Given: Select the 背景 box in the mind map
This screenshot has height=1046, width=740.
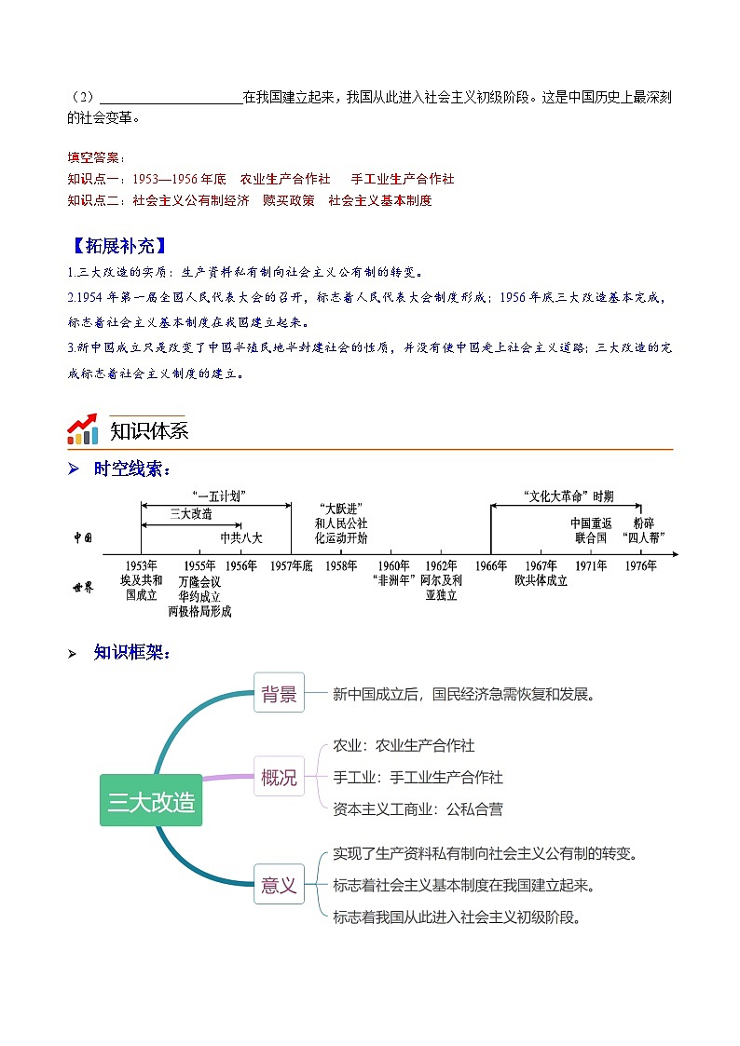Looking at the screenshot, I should (279, 693).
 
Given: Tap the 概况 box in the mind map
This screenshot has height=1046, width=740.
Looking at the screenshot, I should (279, 777).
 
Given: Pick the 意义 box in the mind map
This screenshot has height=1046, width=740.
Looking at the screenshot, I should (279, 885).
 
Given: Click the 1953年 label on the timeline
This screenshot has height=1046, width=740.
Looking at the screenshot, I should (141, 565).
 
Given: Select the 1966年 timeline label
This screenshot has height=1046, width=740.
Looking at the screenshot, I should (490, 565).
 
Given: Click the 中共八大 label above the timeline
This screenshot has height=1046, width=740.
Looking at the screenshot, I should (241, 537).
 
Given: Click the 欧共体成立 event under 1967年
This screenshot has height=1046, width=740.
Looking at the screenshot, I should (541, 580).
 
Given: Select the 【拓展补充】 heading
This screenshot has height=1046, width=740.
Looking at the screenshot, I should (118, 247).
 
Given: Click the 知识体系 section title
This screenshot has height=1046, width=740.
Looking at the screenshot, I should (149, 431).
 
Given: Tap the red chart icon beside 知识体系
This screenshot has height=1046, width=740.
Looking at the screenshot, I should (83, 429).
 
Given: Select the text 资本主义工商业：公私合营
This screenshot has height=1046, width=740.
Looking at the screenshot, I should (418, 809).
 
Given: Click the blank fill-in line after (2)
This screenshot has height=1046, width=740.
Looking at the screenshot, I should (171, 96).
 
